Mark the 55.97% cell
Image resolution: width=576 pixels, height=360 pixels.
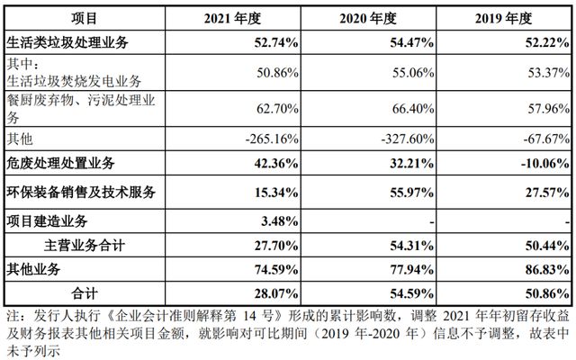pyautogui.click(x=410, y=193)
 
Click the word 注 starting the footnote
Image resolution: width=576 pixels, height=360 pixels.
pyautogui.click(x=11, y=317)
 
